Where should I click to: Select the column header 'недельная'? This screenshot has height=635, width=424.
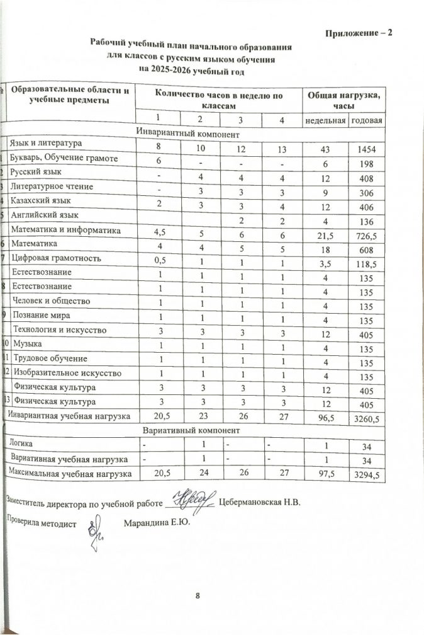point(325,120)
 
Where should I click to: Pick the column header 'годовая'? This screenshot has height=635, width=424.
point(367,120)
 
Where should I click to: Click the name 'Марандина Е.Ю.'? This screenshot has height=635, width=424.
point(157,522)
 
